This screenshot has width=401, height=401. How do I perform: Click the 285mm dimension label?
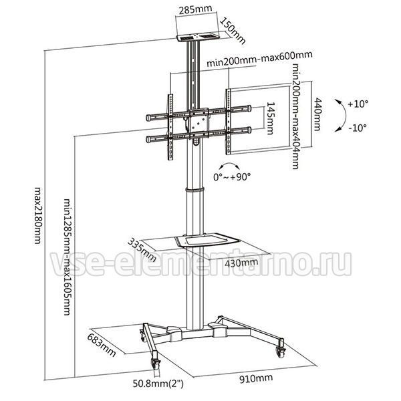click(x=195, y=9)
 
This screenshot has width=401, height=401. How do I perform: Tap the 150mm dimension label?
click(x=233, y=31)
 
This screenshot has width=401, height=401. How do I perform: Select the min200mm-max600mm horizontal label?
click(x=259, y=59)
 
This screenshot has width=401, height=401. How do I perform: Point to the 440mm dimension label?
click(x=317, y=114)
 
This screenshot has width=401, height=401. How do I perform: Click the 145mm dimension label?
click(x=270, y=118)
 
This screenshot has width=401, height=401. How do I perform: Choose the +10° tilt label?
click(x=358, y=104)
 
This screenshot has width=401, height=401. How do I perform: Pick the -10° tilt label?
click(x=358, y=128)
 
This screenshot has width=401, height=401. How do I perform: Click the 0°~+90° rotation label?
click(x=232, y=176)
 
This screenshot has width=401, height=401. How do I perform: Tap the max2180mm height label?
click(x=38, y=216)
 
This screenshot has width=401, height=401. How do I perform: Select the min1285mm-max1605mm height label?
click(x=67, y=257)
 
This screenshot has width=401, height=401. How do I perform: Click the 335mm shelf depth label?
click(x=142, y=249)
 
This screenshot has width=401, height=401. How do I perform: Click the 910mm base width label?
click(x=256, y=378)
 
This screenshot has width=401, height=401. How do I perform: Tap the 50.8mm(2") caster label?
click(x=158, y=384)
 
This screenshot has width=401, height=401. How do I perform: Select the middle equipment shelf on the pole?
click(x=207, y=240)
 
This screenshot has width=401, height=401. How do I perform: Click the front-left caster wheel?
click(x=156, y=364)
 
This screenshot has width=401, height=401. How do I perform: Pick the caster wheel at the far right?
click(x=281, y=352)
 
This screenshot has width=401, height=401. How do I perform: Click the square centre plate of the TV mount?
click(x=198, y=123)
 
